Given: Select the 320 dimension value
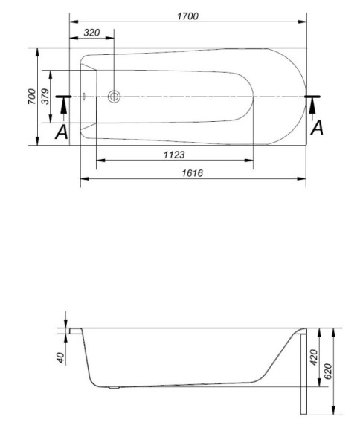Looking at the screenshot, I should click(92, 33).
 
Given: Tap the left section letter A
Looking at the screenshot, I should click(62, 132).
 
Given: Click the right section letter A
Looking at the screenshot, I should click(317, 128).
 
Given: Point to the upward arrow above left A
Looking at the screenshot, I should click(64, 108).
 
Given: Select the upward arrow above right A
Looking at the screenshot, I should click(313, 108).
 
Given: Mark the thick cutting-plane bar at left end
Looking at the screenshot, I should click(63, 97).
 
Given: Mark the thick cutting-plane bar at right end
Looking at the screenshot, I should click(313, 97).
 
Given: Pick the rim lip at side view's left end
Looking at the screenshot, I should click(74, 329).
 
